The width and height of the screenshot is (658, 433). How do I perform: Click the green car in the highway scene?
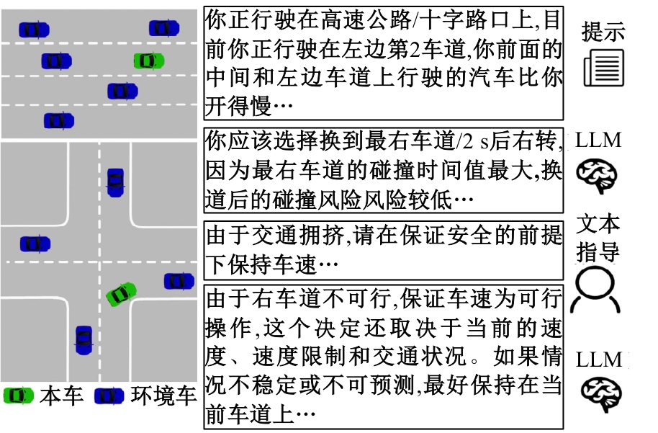(148, 61)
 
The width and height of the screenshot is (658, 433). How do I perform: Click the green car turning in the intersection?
(122, 293)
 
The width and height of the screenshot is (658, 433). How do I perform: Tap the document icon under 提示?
(603, 67)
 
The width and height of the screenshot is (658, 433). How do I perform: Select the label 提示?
(603, 32)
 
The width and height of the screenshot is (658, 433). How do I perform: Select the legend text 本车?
(62, 396)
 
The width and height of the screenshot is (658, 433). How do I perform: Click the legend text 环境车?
(163, 396)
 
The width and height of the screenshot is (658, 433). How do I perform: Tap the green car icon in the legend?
(18, 396)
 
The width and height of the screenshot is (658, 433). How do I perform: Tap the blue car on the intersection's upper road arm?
(115, 182)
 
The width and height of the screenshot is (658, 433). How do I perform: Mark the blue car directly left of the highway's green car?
(56, 61)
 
